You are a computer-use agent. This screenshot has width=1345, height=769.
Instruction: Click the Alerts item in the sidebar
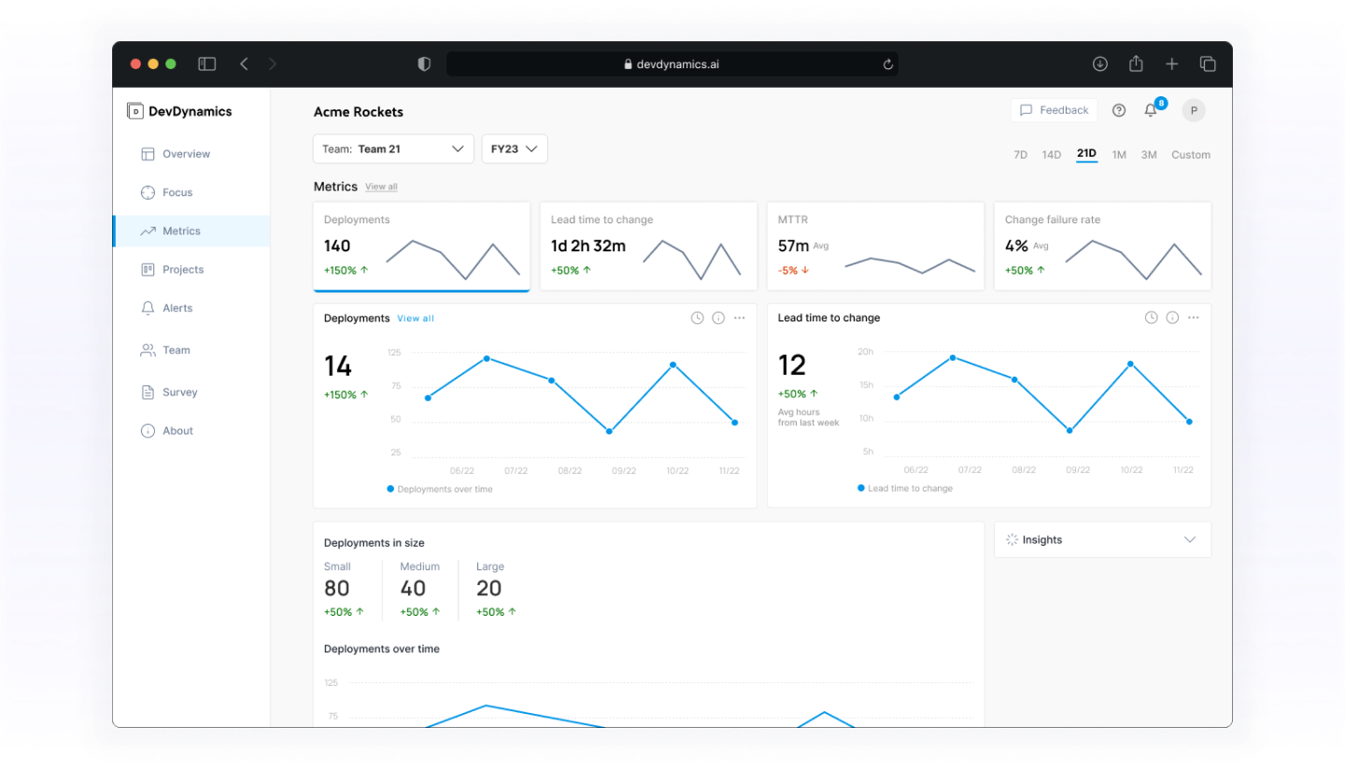click(x=177, y=308)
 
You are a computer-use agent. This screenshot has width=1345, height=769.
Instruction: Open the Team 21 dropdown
click(x=393, y=149)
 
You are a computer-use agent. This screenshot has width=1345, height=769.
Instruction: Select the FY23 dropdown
click(x=515, y=149)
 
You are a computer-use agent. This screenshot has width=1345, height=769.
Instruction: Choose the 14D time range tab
click(x=1052, y=155)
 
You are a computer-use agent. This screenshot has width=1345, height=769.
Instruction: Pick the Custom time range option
click(x=1190, y=155)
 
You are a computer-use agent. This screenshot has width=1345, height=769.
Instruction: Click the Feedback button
click(x=1054, y=110)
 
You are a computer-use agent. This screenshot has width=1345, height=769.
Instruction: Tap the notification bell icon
click(x=1151, y=110)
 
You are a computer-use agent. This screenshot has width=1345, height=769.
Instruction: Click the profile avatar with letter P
click(x=1193, y=110)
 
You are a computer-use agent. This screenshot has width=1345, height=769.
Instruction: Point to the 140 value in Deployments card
click(x=337, y=246)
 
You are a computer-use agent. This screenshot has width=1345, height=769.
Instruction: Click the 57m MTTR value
click(x=793, y=246)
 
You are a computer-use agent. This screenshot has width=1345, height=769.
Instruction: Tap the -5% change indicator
click(x=793, y=270)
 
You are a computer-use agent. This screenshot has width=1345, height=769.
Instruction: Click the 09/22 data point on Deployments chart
click(x=609, y=431)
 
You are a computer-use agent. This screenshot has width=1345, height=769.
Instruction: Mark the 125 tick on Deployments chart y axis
click(x=394, y=352)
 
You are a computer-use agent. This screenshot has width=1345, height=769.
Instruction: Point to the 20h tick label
click(x=865, y=352)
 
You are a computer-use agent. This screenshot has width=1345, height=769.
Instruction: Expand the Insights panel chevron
click(x=1190, y=540)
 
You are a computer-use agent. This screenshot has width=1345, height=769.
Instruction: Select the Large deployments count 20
click(x=488, y=588)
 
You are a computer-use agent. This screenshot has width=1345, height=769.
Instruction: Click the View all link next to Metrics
click(x=381, y=187)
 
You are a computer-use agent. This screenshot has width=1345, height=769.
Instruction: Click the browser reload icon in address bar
click(x=887, y=64)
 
